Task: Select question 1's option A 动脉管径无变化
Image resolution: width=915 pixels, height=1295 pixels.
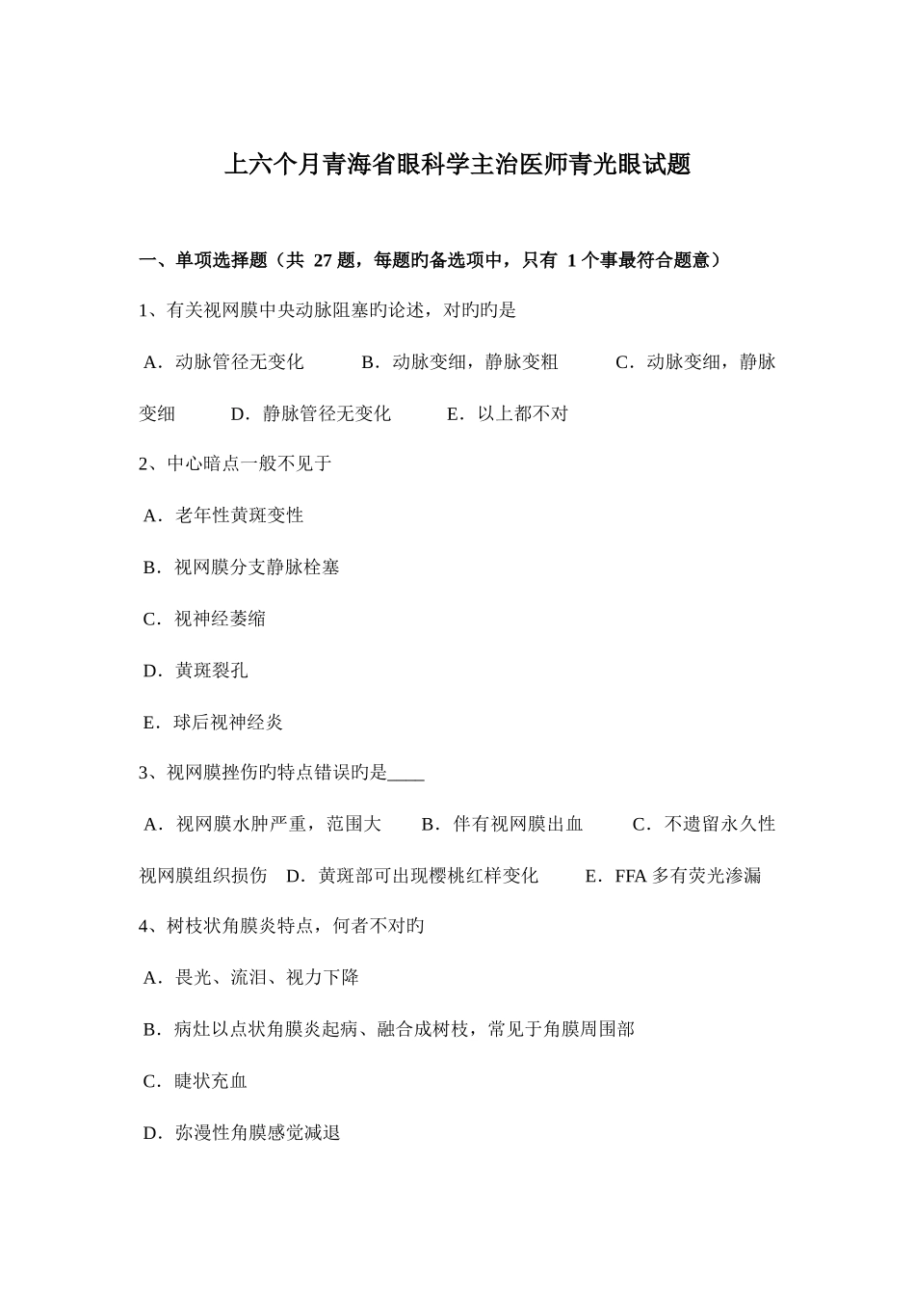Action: [222, 362]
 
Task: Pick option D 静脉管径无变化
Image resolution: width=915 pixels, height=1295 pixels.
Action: [311, 414]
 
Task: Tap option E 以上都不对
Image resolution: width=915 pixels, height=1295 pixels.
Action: [508, 414]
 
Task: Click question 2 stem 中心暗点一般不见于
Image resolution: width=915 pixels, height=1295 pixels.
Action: [236, 464]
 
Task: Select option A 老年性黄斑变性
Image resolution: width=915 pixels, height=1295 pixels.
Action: [223, 515]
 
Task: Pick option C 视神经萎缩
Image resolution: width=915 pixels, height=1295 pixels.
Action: [204, 619]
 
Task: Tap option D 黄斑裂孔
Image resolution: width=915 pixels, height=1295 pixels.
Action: [196, 671]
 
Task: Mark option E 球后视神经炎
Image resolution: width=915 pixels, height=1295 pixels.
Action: [213, 722]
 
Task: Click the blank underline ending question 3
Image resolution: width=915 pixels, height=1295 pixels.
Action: [408, 773]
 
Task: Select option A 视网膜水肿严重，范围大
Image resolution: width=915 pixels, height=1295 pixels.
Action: [262, 825]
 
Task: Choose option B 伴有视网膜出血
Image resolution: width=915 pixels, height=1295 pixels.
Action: [503, 825]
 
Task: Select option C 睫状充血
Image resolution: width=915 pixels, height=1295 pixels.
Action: [196, 1081]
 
